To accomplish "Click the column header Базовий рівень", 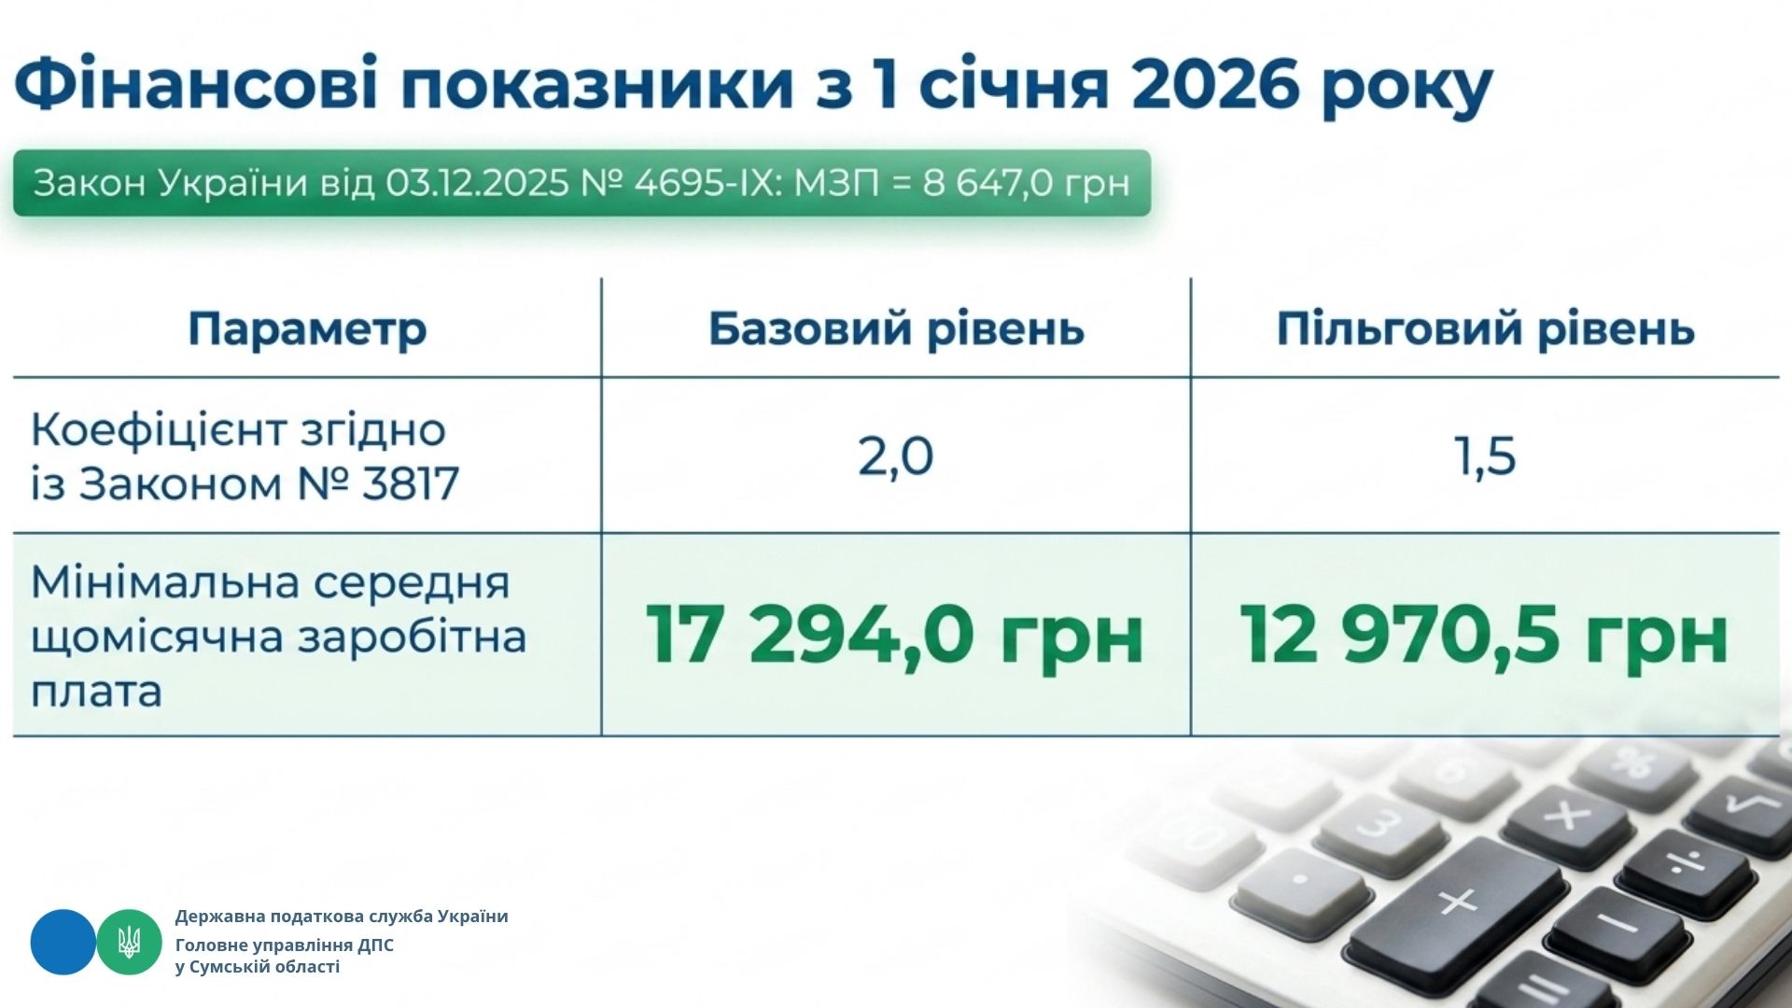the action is [x=896, y=329].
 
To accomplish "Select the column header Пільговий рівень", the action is [x=1485, y=329].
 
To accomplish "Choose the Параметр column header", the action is [x=307, y=329].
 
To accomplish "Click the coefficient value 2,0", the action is [x=895, y=456].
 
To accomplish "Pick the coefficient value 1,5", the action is [x=1486, y=456].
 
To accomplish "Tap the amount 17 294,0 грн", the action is [x=894, y=635].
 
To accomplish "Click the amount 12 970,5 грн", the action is [x=1484, y=635].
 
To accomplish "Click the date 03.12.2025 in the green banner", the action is [x=477, y=183].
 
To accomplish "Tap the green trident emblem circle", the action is [x=130, y=942].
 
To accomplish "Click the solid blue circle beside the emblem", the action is [x=63, y=942].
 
